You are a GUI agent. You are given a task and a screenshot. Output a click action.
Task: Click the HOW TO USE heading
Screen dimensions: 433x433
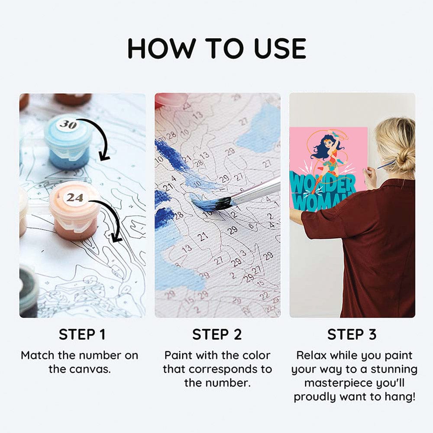click(217, 48)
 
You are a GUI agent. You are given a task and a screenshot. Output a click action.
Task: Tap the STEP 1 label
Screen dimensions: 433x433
click(82, 334)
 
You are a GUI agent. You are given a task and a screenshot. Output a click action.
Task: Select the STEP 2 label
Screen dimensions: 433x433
click(217, 334)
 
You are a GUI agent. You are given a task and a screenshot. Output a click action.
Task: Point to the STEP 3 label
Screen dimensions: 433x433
click(352, 334)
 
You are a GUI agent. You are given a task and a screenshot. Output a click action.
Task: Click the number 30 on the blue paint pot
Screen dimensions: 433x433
click(68, 125)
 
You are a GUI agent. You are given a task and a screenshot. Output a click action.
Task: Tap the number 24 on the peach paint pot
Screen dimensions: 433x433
click(74, 198)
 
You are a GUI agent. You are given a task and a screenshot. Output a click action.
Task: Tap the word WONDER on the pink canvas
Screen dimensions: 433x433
click(323, 184)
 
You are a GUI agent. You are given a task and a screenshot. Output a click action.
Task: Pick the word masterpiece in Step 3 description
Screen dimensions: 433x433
click(335, 383)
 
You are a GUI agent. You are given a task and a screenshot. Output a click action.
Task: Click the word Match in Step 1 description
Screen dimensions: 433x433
click(38, 355)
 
